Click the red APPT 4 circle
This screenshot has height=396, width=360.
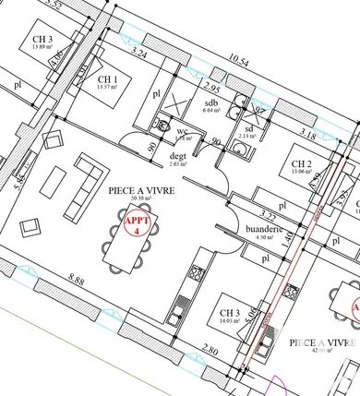click(134, 223)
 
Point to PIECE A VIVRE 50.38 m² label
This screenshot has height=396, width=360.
click(142, 191)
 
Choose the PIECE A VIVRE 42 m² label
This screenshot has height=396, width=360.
click(322, 343)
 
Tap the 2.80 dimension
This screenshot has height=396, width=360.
click(210, 352)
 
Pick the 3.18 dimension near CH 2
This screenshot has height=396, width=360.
click(308, 136)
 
